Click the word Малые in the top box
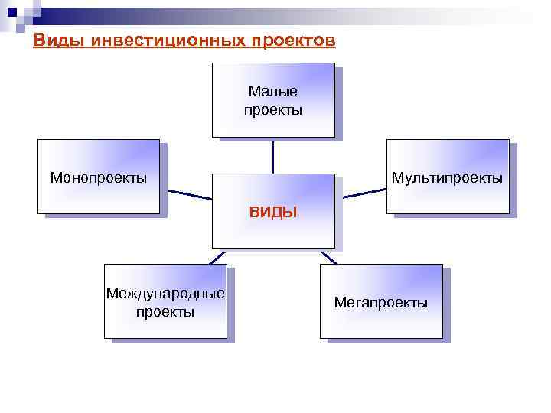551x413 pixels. [x=273, y=93]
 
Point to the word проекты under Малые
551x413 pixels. [x=273, y=110]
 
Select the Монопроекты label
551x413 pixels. [x=99, y=178]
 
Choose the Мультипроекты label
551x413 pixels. [x=447, y=178]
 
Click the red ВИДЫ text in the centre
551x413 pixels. [x=273, y=212]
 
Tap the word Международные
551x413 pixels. [x=165, y=294]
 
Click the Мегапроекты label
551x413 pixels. [x=381, y=303]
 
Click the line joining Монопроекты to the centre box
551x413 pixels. [x=186, y=193]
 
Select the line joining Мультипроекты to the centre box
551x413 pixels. [x=364, y=192]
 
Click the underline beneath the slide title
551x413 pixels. [x=184, y=48]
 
